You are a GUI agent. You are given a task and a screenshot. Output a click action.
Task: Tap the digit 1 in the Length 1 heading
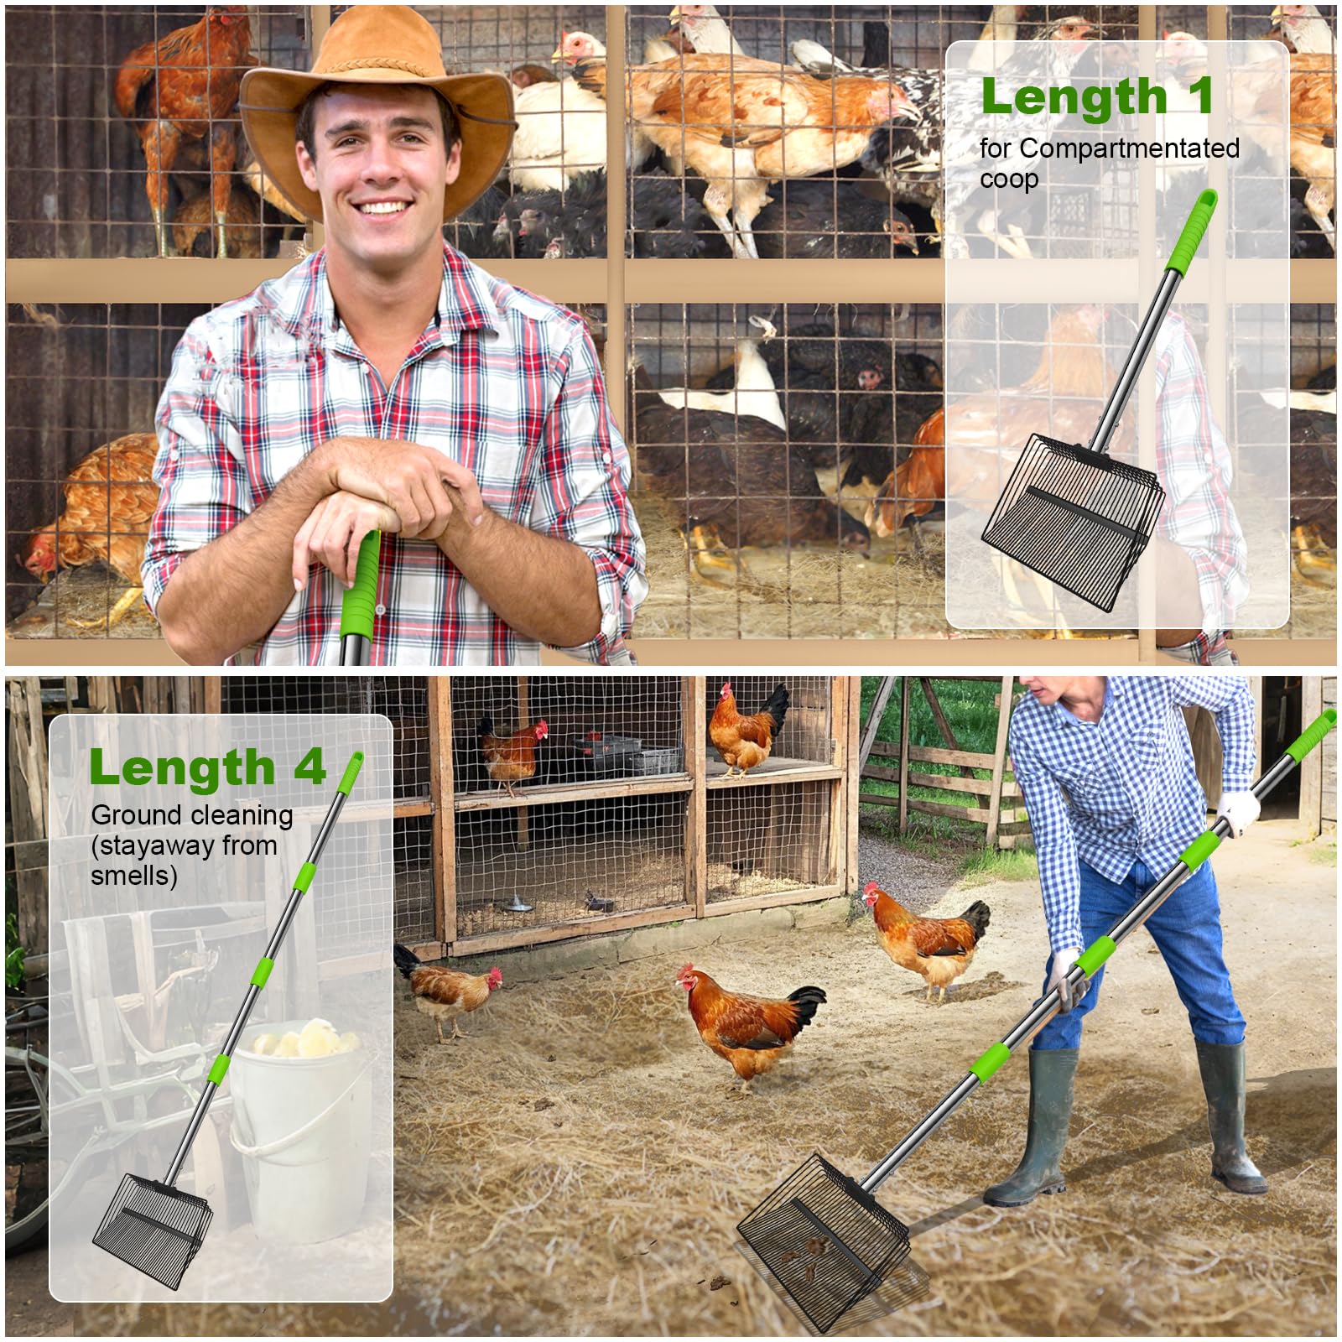pos(1201,96)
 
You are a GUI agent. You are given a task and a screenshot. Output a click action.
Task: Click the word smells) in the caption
pos(134,876)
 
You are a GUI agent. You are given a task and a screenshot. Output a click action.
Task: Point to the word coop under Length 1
pos(1009,179)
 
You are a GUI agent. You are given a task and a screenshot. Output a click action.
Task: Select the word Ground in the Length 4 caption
pos(137,814)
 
